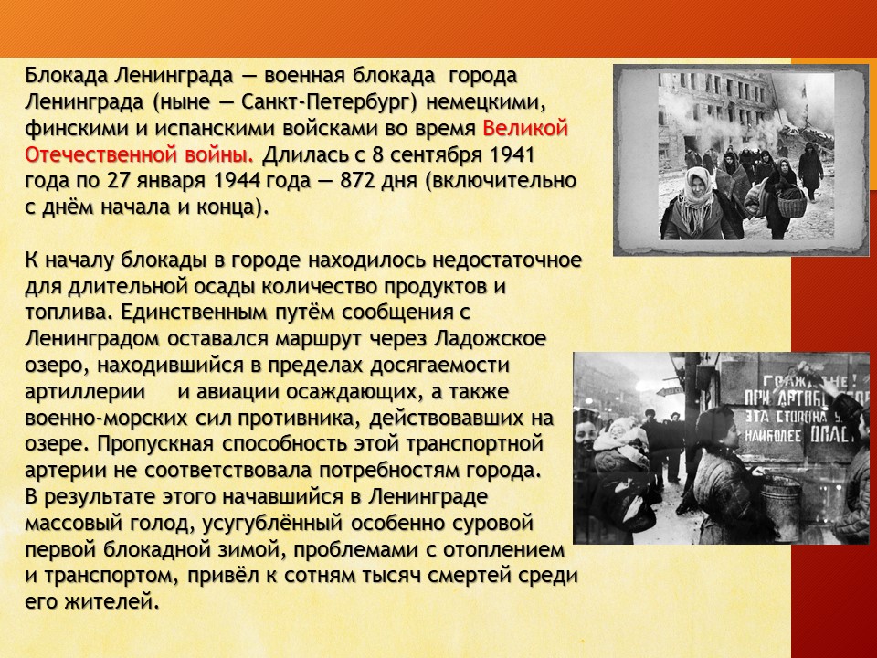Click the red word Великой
pyautogui.click(x=525, y=128)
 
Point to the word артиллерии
pyautogui.click(x=85, y=392)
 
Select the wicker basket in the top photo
pyautogui.click(x=791, y=205)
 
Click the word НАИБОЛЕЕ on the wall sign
pyautogui.click(x=773, y=436)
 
